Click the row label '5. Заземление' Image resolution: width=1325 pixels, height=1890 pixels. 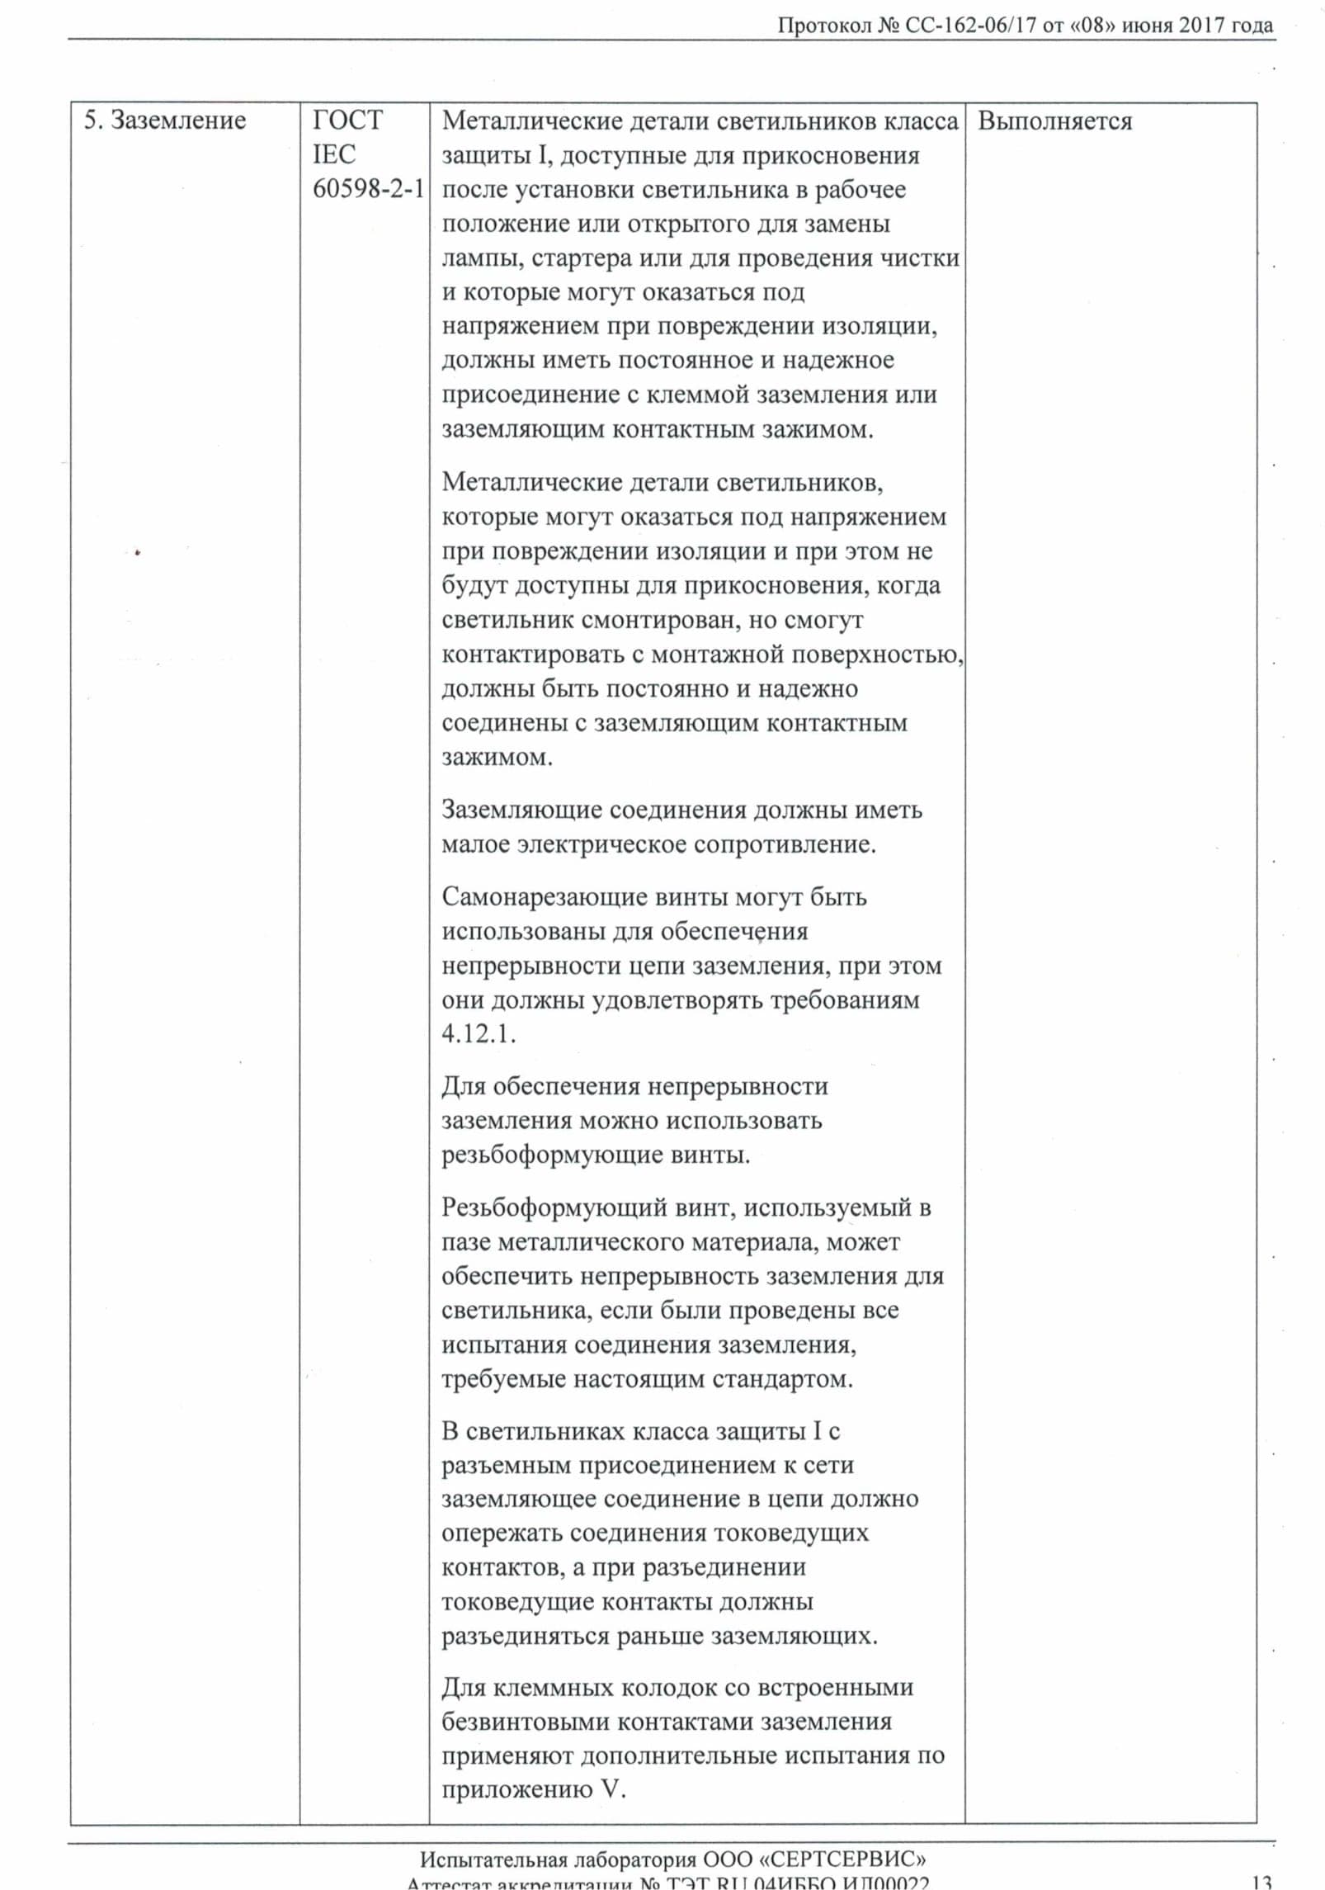coord(165,120)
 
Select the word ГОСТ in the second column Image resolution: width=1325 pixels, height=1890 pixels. coord(347,120)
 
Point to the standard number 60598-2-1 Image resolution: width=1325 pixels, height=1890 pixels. coord(368,189)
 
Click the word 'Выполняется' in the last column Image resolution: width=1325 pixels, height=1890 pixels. coord(1054,121)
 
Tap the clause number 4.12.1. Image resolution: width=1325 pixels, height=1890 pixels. coord(479,1034)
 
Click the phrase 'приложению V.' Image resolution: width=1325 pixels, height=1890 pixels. coord(534,1790)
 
